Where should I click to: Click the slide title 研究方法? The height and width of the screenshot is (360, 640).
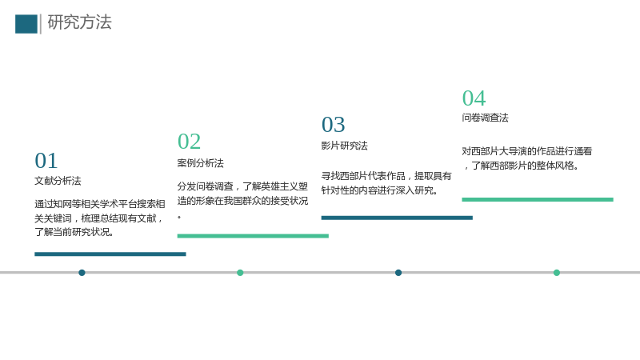[x=79, y=22]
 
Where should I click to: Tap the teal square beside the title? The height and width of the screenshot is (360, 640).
[x=26, y=24]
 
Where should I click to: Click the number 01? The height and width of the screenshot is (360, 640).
[x=46, y=161]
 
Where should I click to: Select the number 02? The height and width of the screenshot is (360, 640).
[x=189, y=142]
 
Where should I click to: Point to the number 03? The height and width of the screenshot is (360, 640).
[x=333, y=125]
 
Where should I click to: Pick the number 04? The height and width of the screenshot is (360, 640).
[x=474, y=98]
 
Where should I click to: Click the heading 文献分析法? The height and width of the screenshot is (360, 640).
[x=58, y=181]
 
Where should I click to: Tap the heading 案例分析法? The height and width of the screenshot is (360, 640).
[x=201, y=163]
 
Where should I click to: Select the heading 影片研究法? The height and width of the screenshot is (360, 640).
[x=345, y=146]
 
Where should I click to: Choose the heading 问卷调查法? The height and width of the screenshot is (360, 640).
[x=486, y=118]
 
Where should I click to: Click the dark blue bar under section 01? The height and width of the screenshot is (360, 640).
[x=110, y=254]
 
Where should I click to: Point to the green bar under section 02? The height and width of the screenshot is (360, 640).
[x=253, y=236]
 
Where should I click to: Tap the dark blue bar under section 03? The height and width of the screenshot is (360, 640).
[x=397, y=218]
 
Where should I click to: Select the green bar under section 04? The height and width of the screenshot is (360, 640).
[x=538, y=199]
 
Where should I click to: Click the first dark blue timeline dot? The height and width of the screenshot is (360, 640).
[x=82, y=273]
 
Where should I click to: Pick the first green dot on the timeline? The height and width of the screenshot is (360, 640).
[x=240, y=273]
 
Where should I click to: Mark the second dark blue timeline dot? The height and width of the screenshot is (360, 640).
[x=398, y=273]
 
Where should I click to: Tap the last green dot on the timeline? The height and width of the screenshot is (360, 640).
[x=557, y=273]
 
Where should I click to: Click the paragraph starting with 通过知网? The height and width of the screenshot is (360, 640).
[x=100, y=218]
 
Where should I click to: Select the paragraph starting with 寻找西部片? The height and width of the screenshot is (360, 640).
[x=386, y=183]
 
